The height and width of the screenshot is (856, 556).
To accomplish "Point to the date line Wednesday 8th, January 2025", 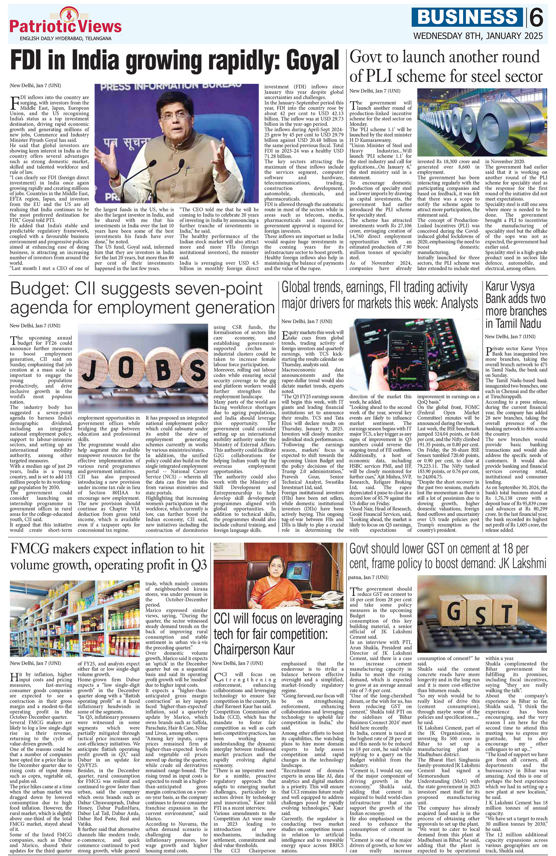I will point(478,36).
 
